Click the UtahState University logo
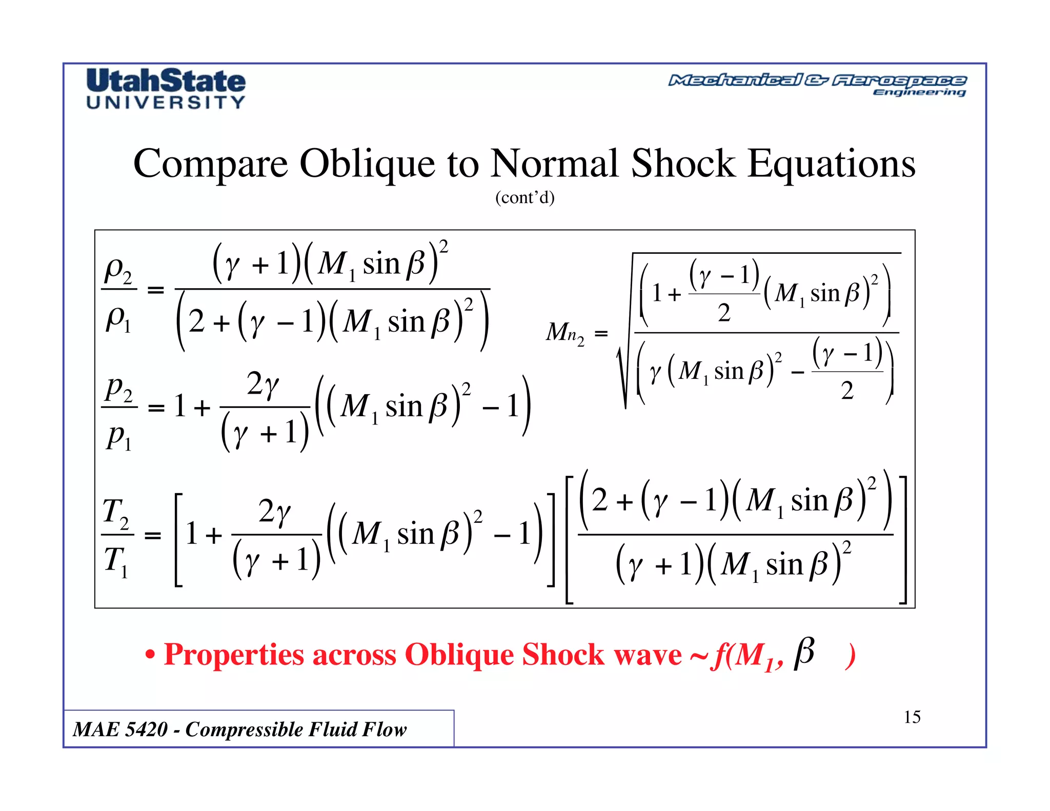point(166,88)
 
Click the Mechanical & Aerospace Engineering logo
point(817,85)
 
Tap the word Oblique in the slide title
point(367,164)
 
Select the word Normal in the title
point(554,164)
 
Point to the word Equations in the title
point(831,164)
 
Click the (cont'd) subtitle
point(524,197)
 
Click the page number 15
point(912,717)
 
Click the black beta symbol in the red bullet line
point(804,653)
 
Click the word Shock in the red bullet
point(563,655)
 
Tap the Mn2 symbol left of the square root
point(564,333)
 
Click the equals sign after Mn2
point(601,334)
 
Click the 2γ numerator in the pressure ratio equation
point(263,384)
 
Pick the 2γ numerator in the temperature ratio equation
point(274,512)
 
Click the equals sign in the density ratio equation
point(155,290)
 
